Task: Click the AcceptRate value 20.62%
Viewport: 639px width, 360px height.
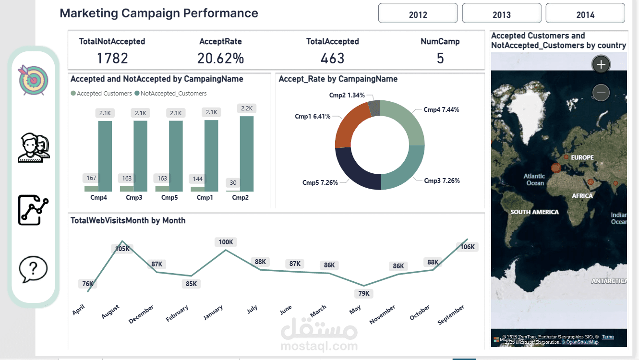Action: point(220,58)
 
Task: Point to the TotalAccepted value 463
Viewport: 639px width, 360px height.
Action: point(333,58)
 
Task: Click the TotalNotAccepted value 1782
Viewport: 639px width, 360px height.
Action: point(112,58)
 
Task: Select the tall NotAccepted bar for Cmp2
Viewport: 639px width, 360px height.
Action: point(247,154)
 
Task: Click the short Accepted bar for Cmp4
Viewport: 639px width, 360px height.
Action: point(91,189)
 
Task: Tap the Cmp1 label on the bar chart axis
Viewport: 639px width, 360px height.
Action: point(205,197)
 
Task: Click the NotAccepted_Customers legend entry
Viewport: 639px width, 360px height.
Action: point(170,94)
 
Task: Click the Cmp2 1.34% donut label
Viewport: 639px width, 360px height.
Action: point(347,95)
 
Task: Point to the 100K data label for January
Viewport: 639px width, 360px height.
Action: point(226,242)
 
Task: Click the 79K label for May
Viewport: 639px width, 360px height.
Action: point(364,293)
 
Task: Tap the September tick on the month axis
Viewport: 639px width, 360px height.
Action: point(452,314)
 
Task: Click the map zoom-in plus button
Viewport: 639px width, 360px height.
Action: point(601,64)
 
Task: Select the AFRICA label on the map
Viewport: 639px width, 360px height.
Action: point(582,196)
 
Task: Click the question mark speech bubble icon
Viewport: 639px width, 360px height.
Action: point(33,269)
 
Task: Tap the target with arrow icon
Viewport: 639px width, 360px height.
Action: point(33,80)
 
